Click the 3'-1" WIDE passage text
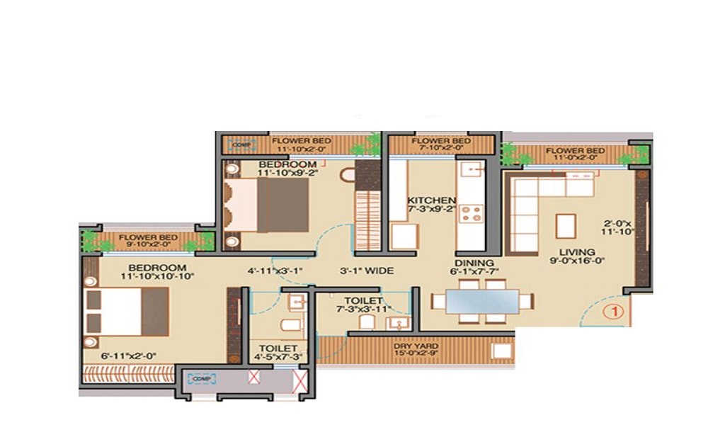366,270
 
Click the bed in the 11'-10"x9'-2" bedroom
268,205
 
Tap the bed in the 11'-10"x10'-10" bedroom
128,311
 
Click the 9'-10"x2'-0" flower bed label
147,242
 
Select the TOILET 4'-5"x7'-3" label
278,353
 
